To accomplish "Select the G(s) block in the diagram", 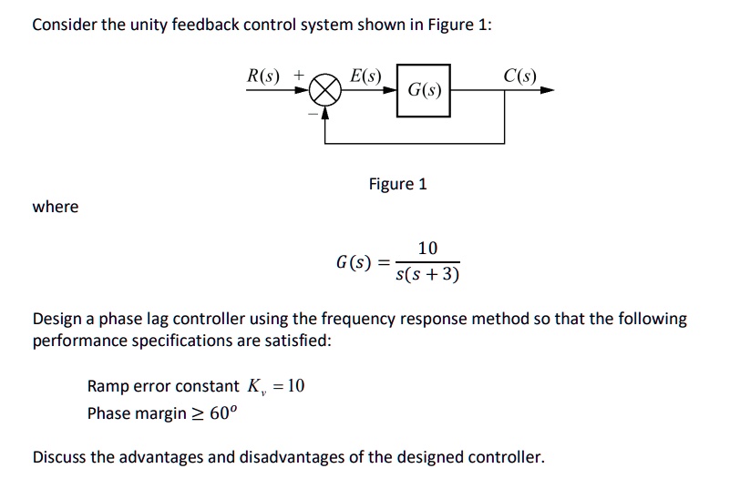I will click(x=424, y=91).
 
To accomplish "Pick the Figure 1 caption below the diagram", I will click(x=397, y=184).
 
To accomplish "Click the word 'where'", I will click(x=56, y=207).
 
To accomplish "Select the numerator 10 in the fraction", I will click(x=427, y=248).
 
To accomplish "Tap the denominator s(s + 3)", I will click(x=427, y=274).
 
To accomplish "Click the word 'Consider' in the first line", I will click(x=62, y=25).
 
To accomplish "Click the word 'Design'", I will click(x=57, y=319).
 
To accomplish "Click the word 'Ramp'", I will click(x=108, y=386).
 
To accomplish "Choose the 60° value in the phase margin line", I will click(x=222, y=413).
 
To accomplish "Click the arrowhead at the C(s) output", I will click(x=547, y=91).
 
